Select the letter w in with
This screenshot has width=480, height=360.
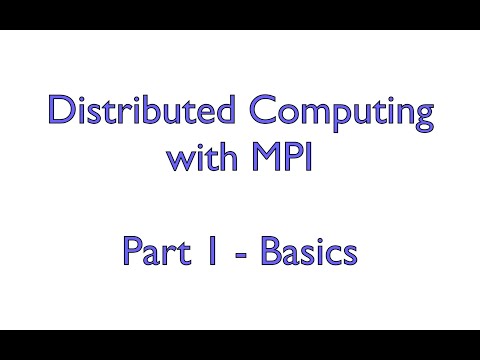click(177, 159)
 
